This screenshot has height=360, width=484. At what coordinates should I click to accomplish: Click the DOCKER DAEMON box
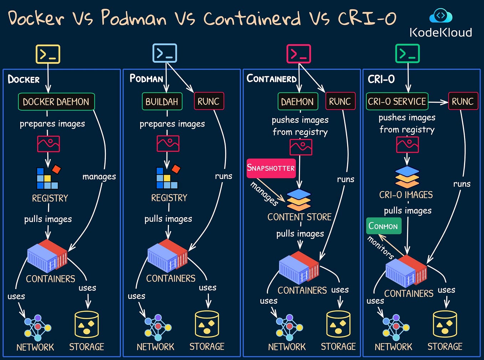pos(56,102)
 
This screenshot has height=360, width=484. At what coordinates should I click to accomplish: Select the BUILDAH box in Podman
pos(162,102)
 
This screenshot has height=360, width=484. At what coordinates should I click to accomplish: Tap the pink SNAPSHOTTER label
pos(271,168)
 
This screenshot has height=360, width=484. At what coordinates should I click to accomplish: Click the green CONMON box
pos(383,226)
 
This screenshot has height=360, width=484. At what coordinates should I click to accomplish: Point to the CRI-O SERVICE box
pos(397,102)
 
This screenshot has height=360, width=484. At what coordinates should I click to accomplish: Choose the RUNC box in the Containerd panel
pos(340,102)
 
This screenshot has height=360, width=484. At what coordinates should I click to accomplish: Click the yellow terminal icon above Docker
pos(48,54)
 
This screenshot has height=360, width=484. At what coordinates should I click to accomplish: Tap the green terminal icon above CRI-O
pos(407,54)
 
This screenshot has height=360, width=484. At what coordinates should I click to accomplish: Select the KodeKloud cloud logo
pos(441,16)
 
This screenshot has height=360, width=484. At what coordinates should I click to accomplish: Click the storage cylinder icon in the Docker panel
pos(87,324)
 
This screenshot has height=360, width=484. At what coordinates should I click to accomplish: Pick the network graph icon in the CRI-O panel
pos(396,327)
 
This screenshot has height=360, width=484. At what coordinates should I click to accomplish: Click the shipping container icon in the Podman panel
pos(168,256)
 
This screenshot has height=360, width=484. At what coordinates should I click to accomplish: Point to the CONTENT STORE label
pos(299,217)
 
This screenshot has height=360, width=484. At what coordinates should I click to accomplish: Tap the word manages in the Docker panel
pos(99,177)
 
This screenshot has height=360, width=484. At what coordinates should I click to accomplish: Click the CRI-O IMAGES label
pos(406,195)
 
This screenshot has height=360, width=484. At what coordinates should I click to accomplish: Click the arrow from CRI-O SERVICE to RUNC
pos(438,102)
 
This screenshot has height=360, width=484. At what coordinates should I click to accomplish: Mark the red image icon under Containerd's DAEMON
pos(301,147)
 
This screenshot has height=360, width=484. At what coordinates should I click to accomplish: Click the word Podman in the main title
pos(134,18)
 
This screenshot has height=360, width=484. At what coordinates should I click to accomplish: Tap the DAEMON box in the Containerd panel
pos(297,102)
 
